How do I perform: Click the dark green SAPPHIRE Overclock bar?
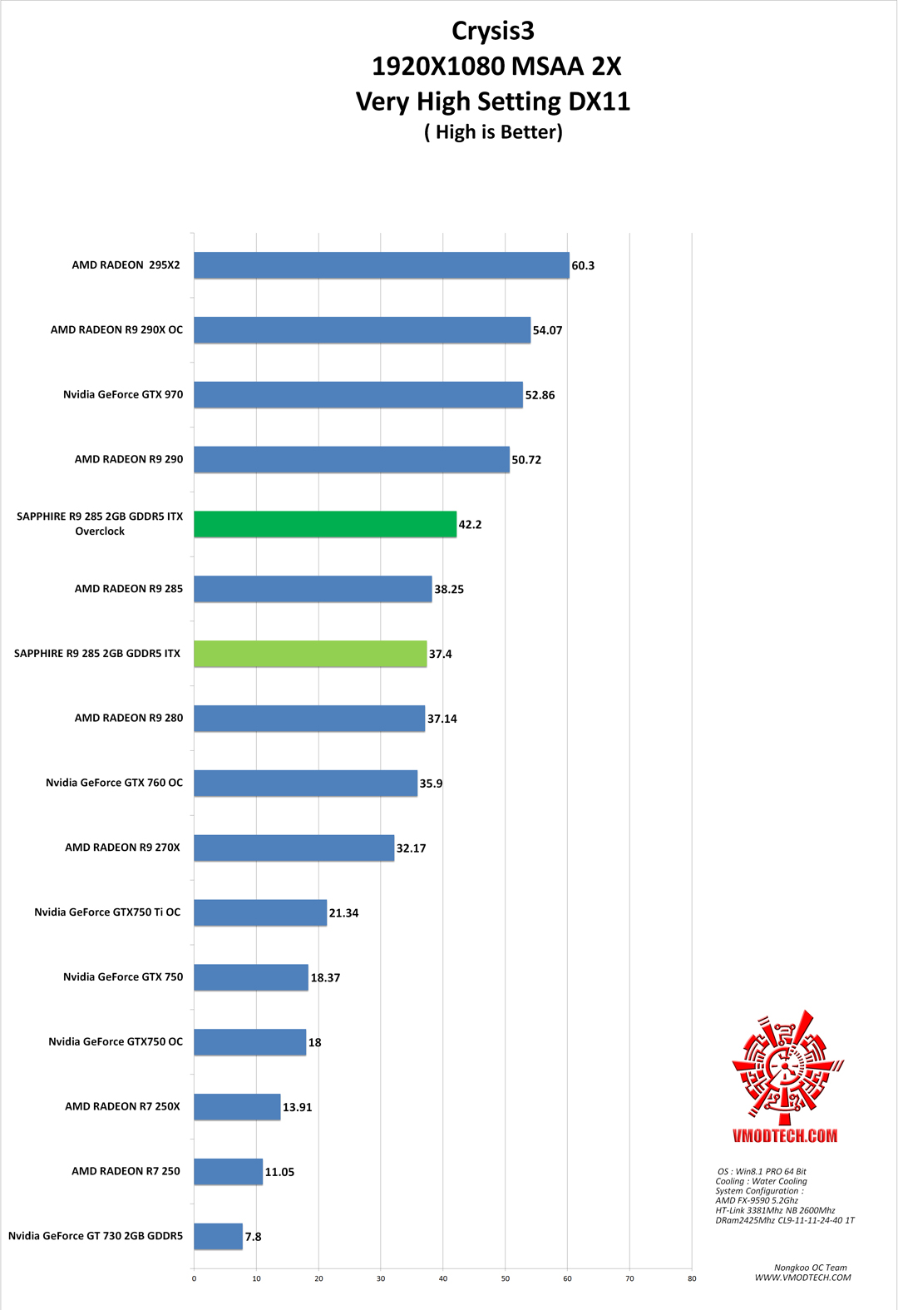[x=325, y=524]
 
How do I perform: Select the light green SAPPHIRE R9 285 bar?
[x=310, y=654]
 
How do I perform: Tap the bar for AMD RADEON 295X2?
[x=382, y=265]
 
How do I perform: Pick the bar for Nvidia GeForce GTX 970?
[x=358, y=395]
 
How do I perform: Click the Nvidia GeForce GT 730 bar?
[x=218, y=1236]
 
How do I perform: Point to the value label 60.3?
[x=583, y=266]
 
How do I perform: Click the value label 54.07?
[x=547, y=330]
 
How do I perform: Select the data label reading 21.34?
[x=343, y=913]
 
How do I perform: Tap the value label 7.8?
[x=253, y=1237]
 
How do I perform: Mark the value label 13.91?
[x=297, y=1107]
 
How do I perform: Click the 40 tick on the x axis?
[x=443, y=1278]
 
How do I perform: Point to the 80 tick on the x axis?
[x=692, y=1278]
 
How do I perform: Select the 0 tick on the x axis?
[x=195, y=1278]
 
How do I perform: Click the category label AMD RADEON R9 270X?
[x=122, y=848]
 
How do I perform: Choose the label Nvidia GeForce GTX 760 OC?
[x=114, y=783]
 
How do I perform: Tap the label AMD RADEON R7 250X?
[x=122, y=1106]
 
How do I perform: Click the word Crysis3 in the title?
[x=493, y=31]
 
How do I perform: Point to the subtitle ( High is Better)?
[x=493, y=132]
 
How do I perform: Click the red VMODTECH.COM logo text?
[x=785, y=1136]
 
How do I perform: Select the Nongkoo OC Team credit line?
[x=810, y=1268]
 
